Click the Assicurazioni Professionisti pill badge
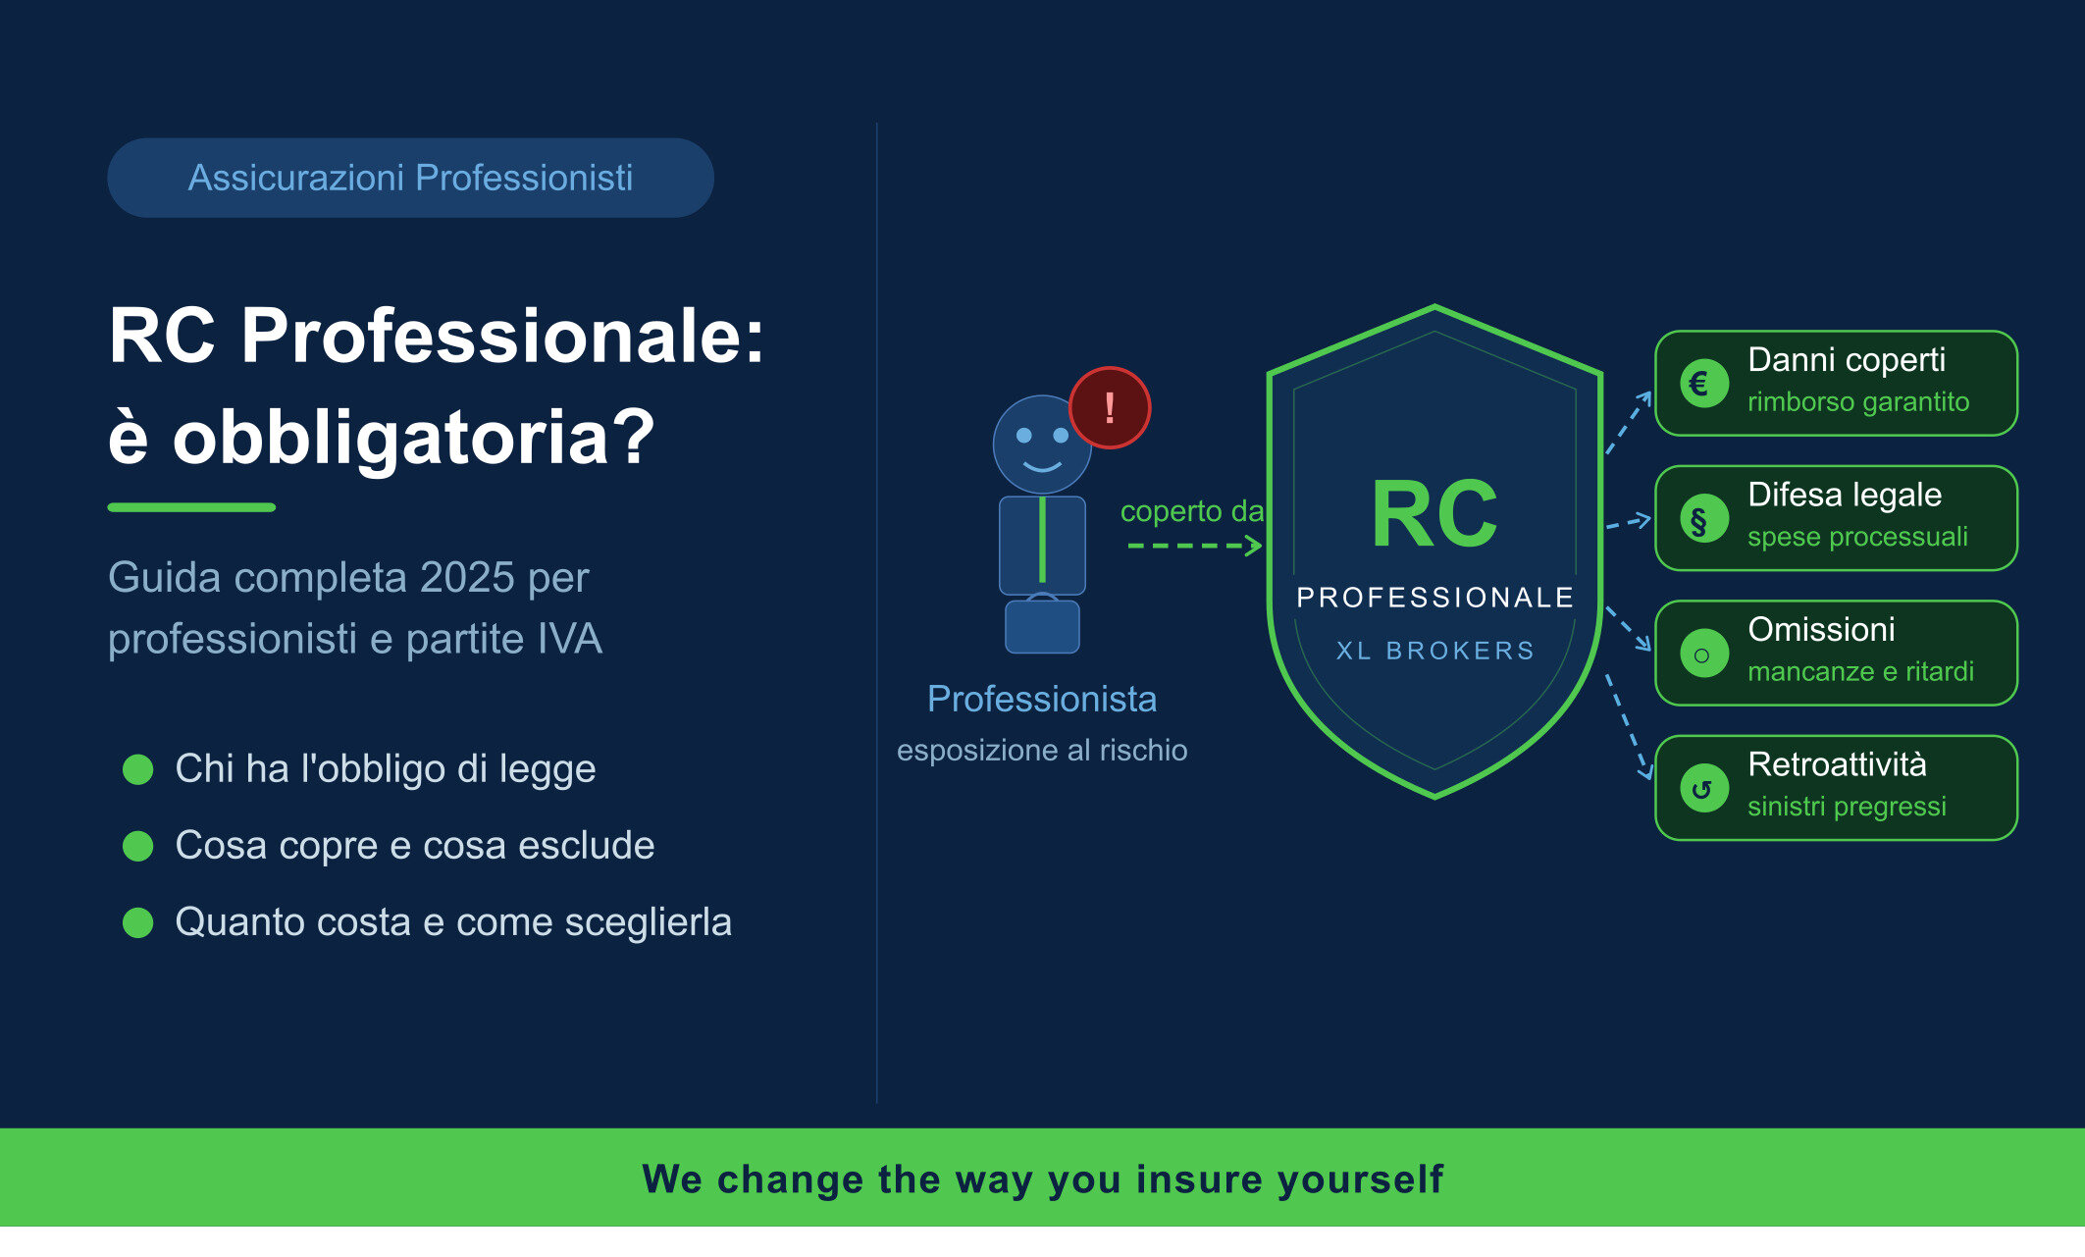[x=410, y=178]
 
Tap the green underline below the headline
[x=191, y=507]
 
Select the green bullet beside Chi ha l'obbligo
[x=138, y=769]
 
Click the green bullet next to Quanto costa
[x=138, y=922]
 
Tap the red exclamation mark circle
[x=1110, y=407]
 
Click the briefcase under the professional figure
[x=1042, y=626]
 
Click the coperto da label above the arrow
[x=1191, y=511]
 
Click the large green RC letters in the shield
[x=1433, y=515]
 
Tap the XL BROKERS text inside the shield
[x=1435, y=651]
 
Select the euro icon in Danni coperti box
[x=1703, y=384]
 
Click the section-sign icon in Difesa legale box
[x=1703, y=519]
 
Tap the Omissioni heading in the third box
[x=1821, y=629]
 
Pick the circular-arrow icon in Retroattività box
[x=1703, y=788]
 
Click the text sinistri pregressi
[x=1847, y=807]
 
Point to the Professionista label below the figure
[x=1042, y=699]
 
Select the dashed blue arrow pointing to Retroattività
[x=1628, y=726]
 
